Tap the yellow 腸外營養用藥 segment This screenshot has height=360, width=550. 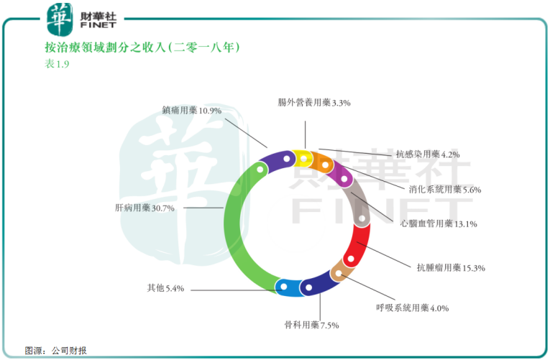pos(304,157)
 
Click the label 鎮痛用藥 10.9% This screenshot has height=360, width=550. pos(191,111)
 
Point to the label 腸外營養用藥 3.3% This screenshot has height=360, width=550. pos(314,103)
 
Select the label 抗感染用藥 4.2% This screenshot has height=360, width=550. pos(427,154)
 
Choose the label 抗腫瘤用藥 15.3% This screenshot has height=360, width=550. pos(451,268)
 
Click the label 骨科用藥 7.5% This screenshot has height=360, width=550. pos(311,325)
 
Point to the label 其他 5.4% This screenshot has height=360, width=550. pos(166,289)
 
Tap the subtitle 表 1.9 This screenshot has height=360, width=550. pos(57,64)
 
